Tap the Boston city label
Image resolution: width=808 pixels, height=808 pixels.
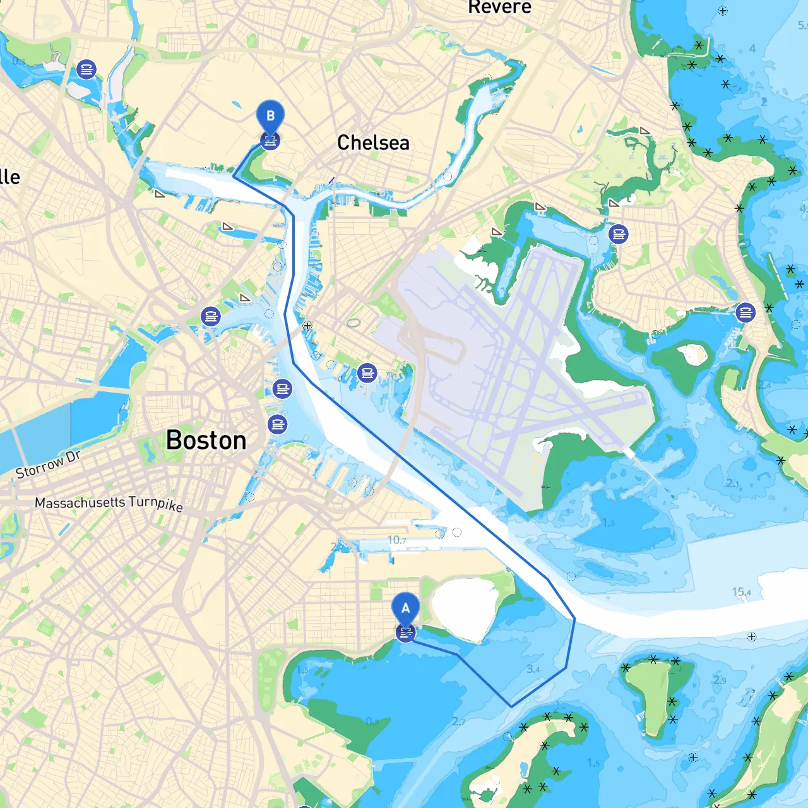tap(206, 441)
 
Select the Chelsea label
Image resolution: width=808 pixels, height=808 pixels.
tap(373, 143)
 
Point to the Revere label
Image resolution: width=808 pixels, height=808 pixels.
tap(499, 8)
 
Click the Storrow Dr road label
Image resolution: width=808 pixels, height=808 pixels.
tap(48, 464)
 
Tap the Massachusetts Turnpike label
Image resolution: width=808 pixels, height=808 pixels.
tap(109, 503)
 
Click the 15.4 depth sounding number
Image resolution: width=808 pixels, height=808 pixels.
tap(741, 592)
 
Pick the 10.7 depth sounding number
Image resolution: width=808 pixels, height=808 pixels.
tap(396, 540)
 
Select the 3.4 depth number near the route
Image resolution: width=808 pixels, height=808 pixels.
tap(533, 669)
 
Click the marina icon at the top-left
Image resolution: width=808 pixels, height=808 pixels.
tap(86, 69)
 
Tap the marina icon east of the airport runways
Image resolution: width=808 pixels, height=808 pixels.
tap(619, 235)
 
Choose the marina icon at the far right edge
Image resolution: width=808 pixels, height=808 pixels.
tap(746, 312)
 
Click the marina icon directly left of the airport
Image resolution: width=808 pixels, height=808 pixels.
tap(367, 373)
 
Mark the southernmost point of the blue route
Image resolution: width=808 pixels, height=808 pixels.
tap(511, 706)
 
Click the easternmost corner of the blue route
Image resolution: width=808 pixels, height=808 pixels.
tap(574, 619)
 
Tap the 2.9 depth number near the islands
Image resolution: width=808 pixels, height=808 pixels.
tap(720, 680)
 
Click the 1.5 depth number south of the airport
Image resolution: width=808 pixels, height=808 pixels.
tap(608, 523)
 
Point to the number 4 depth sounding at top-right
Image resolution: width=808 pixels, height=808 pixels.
tap(752, 49)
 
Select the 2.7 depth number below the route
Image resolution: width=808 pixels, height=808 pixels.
tap(458, 722)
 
